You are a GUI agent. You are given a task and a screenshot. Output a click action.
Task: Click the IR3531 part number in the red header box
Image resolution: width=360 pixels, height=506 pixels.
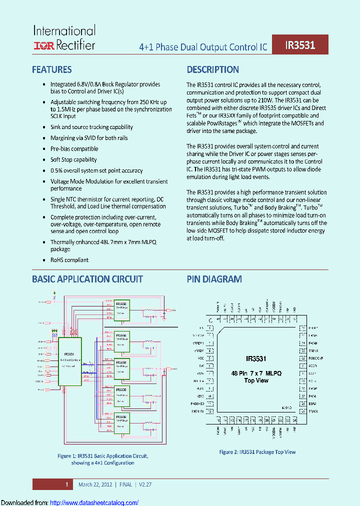click(x=300, y=45)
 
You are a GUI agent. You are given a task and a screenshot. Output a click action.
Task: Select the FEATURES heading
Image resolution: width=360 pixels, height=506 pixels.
click(x=52, y=69)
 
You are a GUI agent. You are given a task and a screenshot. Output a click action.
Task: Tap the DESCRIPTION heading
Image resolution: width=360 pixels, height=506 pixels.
click(x=212, y=69)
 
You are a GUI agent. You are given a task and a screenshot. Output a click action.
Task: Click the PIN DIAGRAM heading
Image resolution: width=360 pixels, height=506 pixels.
click(x=214, y=279)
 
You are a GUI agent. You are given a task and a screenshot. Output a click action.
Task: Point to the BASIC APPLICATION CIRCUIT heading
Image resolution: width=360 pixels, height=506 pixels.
click(x=87, y=279)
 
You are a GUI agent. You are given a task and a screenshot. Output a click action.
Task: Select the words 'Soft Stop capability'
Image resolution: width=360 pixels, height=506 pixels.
click(x=73, y=159)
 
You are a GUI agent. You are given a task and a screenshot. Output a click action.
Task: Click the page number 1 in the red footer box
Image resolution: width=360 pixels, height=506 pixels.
click(x=66, y=484)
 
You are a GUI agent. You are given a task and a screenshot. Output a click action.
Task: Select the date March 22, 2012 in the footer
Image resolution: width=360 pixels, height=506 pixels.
click(x=95, y=484)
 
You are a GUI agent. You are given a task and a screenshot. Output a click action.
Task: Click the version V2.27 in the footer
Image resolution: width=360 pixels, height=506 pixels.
click(x=143, y=484)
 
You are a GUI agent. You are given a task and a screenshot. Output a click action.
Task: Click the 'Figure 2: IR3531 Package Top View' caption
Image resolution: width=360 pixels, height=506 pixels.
click(x=257, y=452)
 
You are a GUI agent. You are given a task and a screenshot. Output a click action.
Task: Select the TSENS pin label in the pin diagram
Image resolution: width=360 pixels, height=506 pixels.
click(x=313, y=351)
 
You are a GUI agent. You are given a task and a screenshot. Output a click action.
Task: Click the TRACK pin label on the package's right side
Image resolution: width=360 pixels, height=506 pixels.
click(x=313, y=410)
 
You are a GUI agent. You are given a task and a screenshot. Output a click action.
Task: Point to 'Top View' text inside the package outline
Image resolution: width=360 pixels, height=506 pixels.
click(x=256, y=380)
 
